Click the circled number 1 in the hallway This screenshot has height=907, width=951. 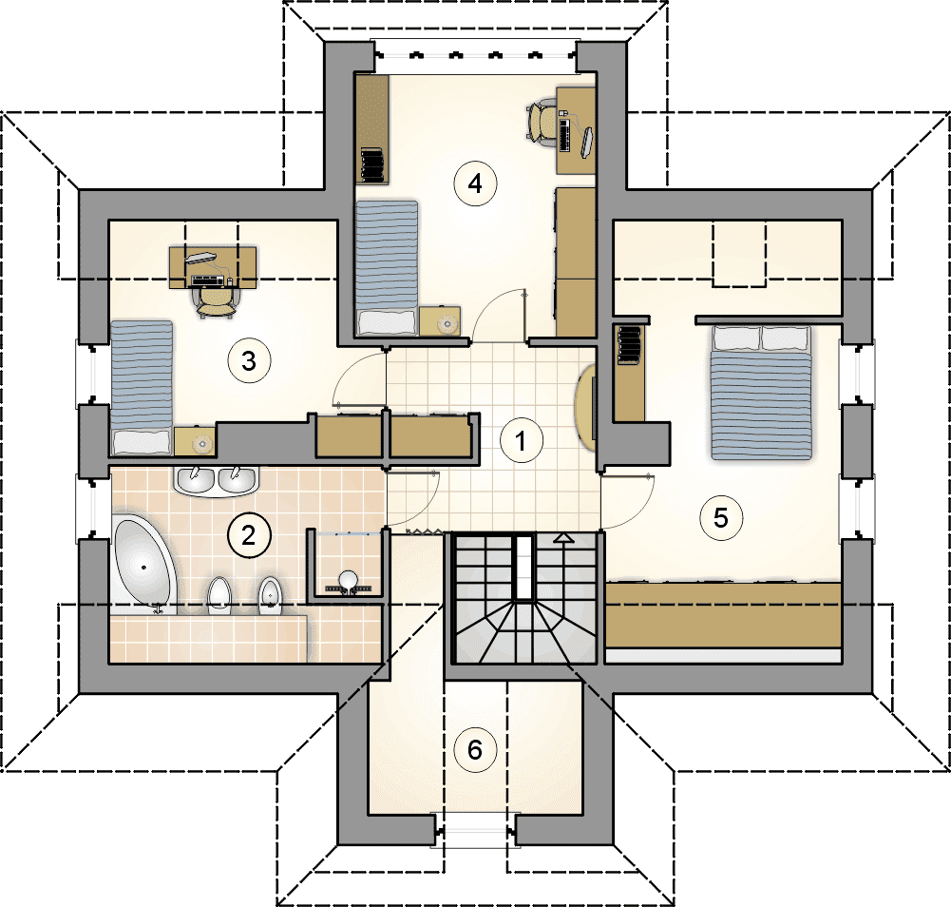pyautogui.click(x=521, y=440)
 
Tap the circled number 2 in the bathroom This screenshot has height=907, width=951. pyautogui.click(x=249, y=535)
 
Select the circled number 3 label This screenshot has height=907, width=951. pyautogui.click(x=249, y=361)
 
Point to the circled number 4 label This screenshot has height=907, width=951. pyautogui.click(x=475, y=183)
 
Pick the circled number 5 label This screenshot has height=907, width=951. pyautogui.click(x=720, y=518)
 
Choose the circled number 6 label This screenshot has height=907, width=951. pyautogui.click(x=475, y=750)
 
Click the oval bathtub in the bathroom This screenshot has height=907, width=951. pyautogui.click(x=143, y=564)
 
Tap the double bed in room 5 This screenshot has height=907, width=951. pyautogui.click(x=761, y=393)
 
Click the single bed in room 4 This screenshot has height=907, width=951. pyautogui.click(x=387, y=268)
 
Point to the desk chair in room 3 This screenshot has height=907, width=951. pyautogui.click(x=216, y=301)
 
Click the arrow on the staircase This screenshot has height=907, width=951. pyautogui.click(x=564, y=537)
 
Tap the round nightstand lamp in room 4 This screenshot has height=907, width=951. pyautogui.click(x=447, y=324)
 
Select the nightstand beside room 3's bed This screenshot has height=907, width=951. pyautogui.click(x=194, y=441)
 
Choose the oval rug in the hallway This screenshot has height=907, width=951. pyautogui.click(x=584, y=407)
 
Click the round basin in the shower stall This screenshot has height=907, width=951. pyautogui.click(x=348, y=580)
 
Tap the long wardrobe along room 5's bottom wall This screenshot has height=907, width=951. pyautogui.click(x=724, y=615)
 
